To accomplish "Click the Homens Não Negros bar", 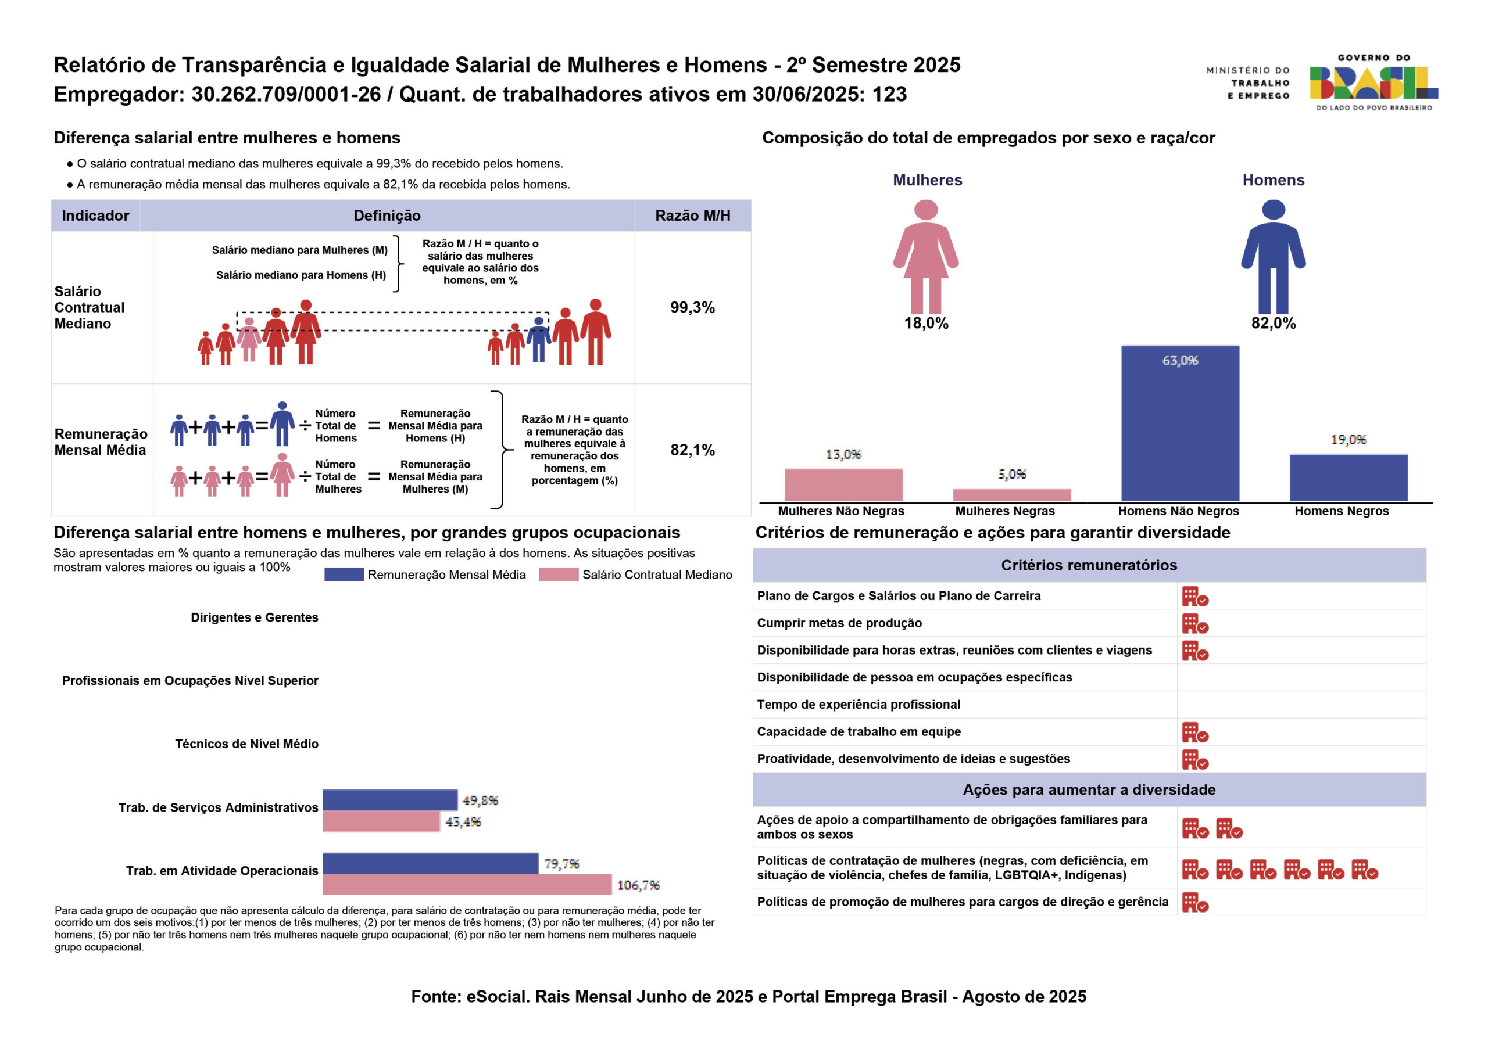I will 1179,423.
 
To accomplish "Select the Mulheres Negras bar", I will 1011,495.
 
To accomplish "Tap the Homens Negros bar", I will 1348,477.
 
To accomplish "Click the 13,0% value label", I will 843,454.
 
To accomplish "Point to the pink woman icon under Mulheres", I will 926,257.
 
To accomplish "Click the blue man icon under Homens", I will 1273,257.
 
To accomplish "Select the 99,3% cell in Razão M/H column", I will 692,308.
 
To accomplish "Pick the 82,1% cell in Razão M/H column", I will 692,450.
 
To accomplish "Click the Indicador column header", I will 95,216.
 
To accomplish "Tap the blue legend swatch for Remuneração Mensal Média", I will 344,575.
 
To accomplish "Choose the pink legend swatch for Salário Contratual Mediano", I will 558,575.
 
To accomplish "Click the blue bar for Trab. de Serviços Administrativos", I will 389,800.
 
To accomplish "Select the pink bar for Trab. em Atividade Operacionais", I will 467,884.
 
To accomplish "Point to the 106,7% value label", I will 638,885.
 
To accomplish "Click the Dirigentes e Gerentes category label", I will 254,617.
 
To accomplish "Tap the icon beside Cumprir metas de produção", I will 1194,624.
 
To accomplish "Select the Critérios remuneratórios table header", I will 1089,566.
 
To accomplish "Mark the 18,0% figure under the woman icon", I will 926,323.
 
